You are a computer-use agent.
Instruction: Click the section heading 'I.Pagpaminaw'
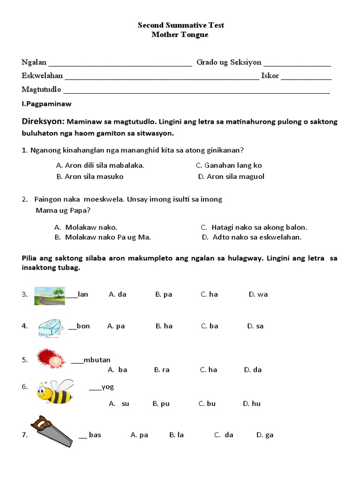[x=46, y=104]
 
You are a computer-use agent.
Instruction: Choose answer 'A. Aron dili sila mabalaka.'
[x=100, y=165]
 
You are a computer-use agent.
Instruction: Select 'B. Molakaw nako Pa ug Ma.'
[x=103, y=237]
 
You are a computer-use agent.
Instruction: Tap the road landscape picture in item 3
[x=49, y=296]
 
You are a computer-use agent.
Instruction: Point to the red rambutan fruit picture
[x=50, y=359]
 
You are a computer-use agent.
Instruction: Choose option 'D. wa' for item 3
[x=258, y=294]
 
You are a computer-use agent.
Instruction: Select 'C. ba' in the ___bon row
[x=210, y=326]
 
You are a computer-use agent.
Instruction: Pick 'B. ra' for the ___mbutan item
[x=162, y=370]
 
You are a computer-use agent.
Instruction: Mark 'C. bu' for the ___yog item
[x=207, y=404]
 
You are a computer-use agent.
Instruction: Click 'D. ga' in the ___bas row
[x=264, y=435]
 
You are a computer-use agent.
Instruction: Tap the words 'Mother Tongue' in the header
[x=180, y=35]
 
